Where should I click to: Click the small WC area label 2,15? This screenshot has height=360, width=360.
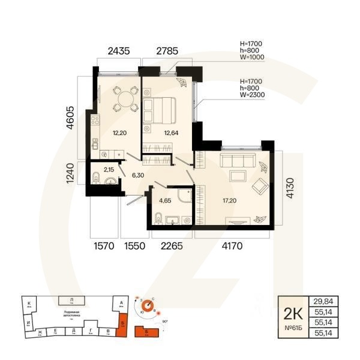coord(110,170)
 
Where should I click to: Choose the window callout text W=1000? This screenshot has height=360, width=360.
coord(253,59)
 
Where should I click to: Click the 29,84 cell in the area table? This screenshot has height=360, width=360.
coord(323,301)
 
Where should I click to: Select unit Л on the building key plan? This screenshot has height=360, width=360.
coord(71,299)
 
